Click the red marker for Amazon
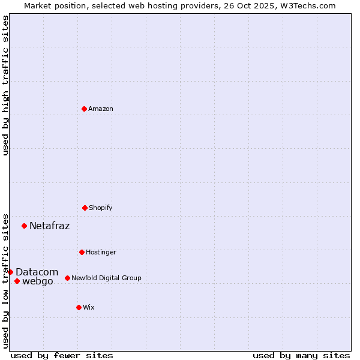(x=84, y=109)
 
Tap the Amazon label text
(x=101, y=109)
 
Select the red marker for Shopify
(x=85, y=208)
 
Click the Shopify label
(x=101, y=208)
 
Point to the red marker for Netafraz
(x=24, y=226)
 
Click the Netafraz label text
(x=49, y=226)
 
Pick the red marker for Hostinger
(x=82, y=252)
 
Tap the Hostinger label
(x=101, y=253)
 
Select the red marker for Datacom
(x=10, y=272)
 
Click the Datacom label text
(x=37, y=272)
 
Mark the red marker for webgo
(x=17, y=281)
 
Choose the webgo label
(x=38, y=281)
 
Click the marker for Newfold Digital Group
(x=67, y=278)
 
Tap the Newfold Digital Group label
(x=106, y=278)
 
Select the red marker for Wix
(x=79, y=307)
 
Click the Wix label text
(x=89, y=308)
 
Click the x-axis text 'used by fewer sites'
(x=62, y=355)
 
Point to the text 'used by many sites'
(x=301, y=355)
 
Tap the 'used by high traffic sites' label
(x=5, y=86)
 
